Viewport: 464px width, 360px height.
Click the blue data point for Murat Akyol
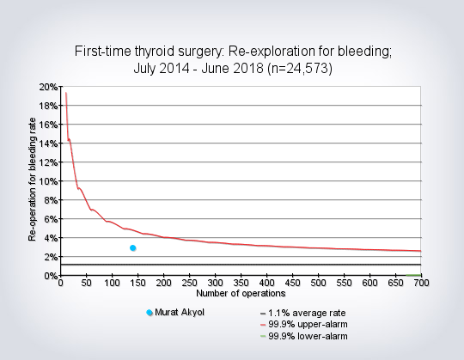point(133,248)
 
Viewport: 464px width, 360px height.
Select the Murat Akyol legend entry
point(175,313)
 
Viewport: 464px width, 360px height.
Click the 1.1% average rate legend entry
point(303,313)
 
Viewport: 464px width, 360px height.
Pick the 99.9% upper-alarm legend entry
point(304,325)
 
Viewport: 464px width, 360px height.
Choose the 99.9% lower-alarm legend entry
point(304,336)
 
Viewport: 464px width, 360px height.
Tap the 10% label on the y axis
point(48,181)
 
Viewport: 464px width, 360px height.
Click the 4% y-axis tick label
point(51,238)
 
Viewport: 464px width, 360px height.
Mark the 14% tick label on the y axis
point(48,143)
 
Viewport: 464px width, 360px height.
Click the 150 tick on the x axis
point(137,283)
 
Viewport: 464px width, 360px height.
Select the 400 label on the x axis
point(266,283)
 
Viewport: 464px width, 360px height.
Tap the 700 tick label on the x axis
point(421,283)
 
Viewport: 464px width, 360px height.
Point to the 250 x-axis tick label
point(189,283)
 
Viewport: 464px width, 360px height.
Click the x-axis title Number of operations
point(241,294)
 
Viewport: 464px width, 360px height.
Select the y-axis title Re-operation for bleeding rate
point(32,180)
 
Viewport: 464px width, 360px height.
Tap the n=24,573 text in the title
point(300,69)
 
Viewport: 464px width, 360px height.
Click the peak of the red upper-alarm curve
point(66,93)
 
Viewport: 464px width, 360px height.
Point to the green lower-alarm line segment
point(413,275)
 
